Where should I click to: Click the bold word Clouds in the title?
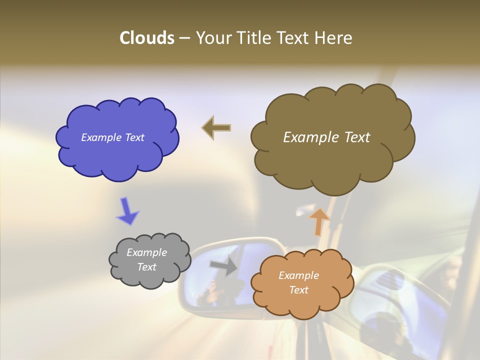[x=146, y=38]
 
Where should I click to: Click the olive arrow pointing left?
[x=216, y=127]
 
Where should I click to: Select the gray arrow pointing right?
[x=224, y=265]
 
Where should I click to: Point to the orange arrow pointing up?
[x=319, y=221]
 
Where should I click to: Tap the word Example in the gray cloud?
[x=146, y=252]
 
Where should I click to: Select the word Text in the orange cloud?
[x=298, y=290]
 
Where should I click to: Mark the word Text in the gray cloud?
[x=146, y=267]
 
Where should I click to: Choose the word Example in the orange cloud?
[x=298, y=275]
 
